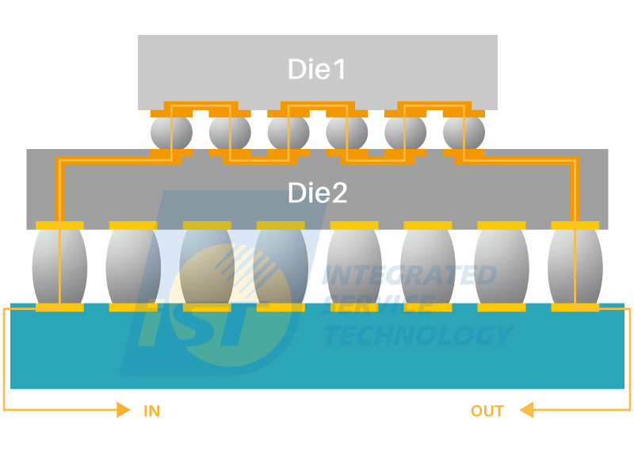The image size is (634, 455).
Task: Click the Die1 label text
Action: point(316,69)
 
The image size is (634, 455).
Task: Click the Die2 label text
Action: point(318,193)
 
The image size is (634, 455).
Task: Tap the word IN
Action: point(152,411)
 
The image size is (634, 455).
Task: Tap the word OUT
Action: point(487,411)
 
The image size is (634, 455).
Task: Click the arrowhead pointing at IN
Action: point(124,410)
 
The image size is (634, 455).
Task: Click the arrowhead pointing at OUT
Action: point(526,410)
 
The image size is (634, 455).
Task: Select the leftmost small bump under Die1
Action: point(171,132)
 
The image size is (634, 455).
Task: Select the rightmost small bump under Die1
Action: point(464,132)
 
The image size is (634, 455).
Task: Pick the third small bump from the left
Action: point(288,132)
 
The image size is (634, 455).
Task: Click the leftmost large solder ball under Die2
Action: point(60,266)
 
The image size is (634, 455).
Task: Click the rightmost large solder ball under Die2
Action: point(575,266)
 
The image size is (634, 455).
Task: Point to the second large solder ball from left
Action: point(133,266)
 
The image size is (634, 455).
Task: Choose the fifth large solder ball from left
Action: point(354,266)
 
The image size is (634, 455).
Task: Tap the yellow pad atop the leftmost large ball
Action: point(60,225)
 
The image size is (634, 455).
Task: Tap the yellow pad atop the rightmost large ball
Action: point(575,225)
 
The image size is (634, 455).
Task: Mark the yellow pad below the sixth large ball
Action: point(428,308)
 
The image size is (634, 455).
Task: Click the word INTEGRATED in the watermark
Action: point(409,275)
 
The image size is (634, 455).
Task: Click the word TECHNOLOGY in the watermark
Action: point(418,335)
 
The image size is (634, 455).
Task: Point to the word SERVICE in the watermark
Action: point(378,305)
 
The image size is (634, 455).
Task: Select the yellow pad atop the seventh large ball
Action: point(502,225)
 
